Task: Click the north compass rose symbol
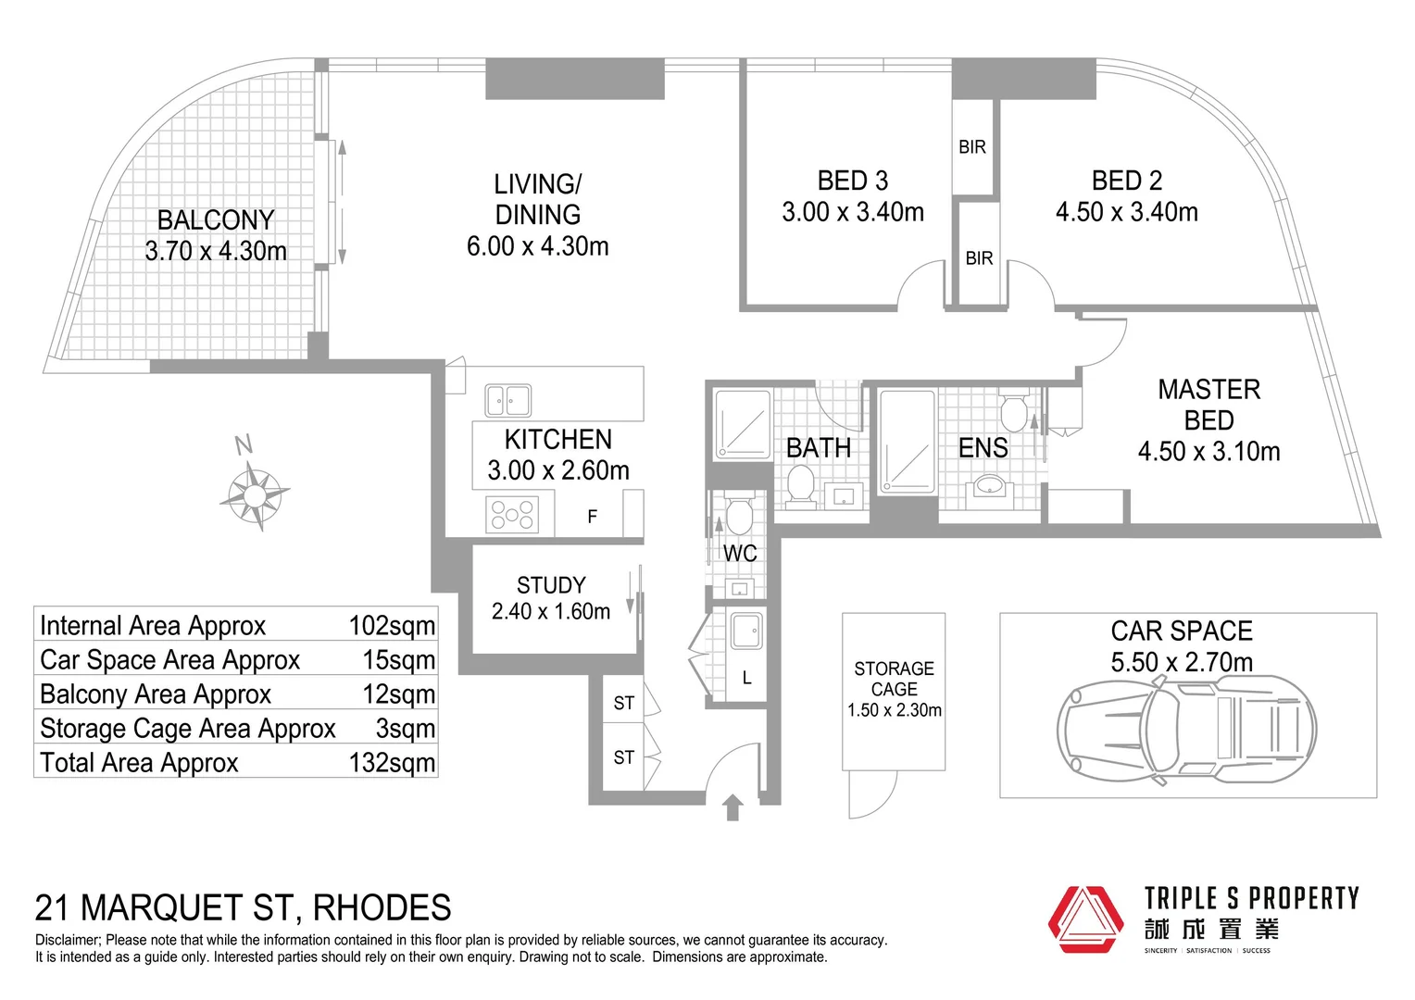254,494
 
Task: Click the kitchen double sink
508,401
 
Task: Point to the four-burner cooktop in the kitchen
512,515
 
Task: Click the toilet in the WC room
739,516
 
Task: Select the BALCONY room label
216,220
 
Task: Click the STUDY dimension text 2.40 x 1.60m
551,612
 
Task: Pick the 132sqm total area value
392,763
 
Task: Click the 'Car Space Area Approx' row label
170,660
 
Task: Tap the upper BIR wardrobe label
972,147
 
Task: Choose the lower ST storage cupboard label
623,757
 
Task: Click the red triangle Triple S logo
1085,919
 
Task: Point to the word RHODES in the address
382,908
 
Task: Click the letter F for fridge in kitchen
592,517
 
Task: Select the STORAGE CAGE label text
894,679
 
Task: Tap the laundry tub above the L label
746,631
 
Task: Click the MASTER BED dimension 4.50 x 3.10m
1208,452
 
